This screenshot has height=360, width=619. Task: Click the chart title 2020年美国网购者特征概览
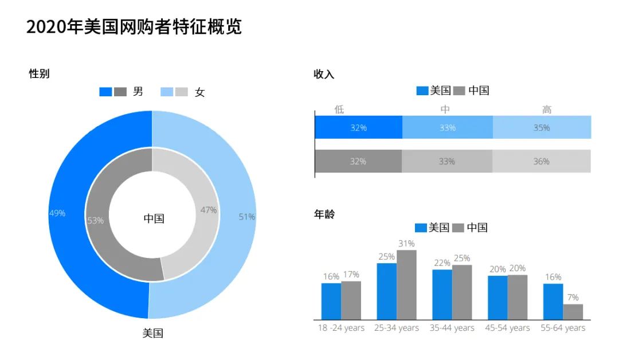[x=134, y=27]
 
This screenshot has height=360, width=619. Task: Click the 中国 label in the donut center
[x=154, y=218]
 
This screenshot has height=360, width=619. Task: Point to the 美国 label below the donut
[x=153, y=333]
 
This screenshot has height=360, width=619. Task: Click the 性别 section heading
[x=39, y=73]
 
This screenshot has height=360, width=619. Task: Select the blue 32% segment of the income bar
[x=359, y=127]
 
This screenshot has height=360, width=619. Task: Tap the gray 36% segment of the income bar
[x=541, y=161]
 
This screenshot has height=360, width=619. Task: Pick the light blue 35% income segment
[x=542, y=127]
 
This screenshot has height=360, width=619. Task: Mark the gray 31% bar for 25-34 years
[x=406, y=285]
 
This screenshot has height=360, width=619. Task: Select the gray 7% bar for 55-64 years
[x=573, y=312]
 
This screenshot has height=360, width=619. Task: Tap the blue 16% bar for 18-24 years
[x=331, y=301]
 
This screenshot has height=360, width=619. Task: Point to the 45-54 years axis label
[x=508, y=328]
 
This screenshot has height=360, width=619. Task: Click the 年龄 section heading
[x=324, y=214]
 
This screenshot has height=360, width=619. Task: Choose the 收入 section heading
[x=324, y=74]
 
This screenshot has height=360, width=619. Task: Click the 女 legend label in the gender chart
[x=199, y=92]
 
